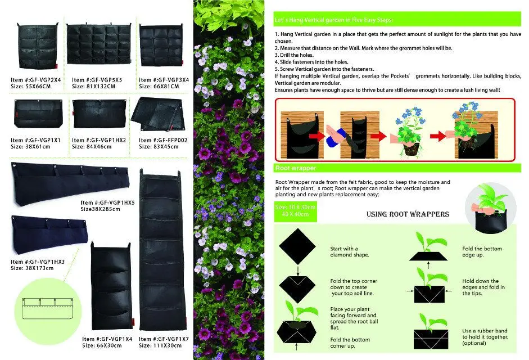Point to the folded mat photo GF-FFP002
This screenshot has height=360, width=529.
pyautogui.click(x=159, y=115)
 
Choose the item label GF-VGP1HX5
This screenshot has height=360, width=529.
pyautogui.click(x=107, y=202)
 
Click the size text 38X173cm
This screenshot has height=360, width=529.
pyautogui.click(x=32, y=268)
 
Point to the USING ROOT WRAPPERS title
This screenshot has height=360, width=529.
pyautogui.click(x=408, y=214)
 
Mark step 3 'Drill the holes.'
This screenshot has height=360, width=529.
pyautogui.click(x=293, y=55)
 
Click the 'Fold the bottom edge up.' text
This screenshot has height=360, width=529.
pyautogui.click(x=482, y=251)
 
